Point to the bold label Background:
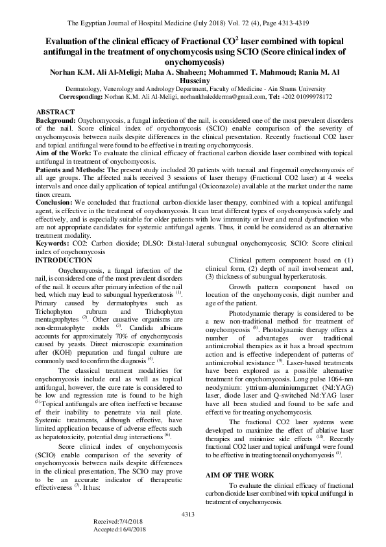click(55, 121)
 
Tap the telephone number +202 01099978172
click(304, 96)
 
